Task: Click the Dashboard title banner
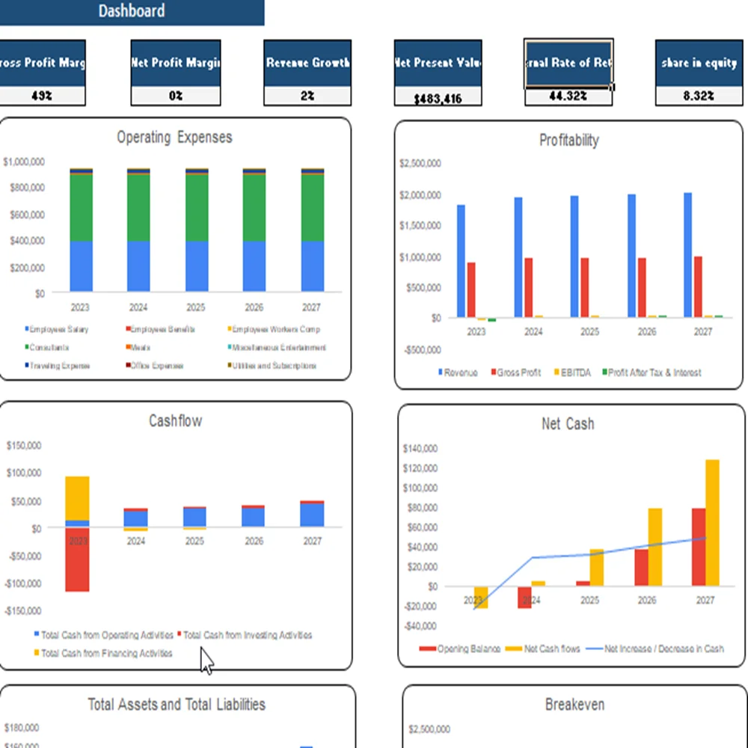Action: [x=132, y=11]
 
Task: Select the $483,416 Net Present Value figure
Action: [x=438, y=98]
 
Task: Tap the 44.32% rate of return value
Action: [x=568, y=96]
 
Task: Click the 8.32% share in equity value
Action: [x=699, y=96]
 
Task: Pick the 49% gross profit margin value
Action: [x=42, y=96]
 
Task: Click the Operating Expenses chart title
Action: [x=174, y=138]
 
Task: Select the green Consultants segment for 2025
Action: [x=197, y=208]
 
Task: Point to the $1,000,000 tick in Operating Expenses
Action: [x=24, y=162]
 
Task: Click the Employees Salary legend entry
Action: [x=58, y=330]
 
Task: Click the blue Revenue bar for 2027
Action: [x=687, y=255]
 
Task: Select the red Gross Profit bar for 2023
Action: [x=471, y=289]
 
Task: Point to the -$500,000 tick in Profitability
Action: [x=420, y=349]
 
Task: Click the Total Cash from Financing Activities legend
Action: [x=105, y=654]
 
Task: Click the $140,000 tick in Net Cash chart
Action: [x=420, y=449]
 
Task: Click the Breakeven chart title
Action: [x=574, y=705]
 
